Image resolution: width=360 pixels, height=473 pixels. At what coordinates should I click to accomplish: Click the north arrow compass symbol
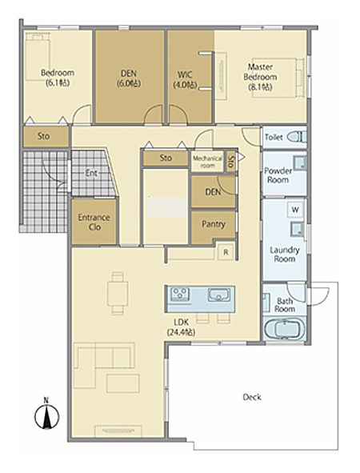coord(46,416)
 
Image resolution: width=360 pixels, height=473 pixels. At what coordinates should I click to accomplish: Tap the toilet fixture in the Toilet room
coord(297,137)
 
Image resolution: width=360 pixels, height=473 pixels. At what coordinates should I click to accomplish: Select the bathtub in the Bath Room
coord(284,329)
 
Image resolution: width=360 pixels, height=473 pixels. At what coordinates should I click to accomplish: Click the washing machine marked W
coord(295,210)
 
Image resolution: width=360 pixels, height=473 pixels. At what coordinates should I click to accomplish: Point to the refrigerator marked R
coord(226,252)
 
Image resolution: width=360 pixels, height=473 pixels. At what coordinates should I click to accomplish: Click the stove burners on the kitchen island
coord(180,293)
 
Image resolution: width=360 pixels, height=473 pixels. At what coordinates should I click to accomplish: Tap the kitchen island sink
coord(219,295)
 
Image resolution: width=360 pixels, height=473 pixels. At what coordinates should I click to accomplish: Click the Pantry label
coord(214,224)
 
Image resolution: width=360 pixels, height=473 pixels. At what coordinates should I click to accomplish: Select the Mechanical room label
coord(207,162)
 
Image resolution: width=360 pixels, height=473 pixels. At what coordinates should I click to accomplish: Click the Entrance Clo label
coord(94,222)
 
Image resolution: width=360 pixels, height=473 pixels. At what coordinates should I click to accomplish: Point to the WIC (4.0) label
coord(185,80)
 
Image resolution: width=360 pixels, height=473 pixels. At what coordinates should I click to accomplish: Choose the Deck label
coord(252,397)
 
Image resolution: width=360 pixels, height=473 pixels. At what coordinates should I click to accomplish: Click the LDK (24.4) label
coord(182,327)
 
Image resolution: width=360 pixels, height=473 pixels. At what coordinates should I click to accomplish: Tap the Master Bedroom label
coord(260,77)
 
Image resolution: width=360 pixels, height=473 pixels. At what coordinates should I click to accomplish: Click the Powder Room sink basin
coord(300,163)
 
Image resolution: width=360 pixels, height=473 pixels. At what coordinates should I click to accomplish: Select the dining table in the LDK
coord(118,294)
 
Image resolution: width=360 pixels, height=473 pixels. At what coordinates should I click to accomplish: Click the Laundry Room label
coord(285,255)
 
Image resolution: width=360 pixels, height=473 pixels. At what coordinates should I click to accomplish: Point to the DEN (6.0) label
coord(129,78)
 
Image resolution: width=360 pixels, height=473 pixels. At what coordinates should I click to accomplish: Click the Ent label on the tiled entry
coord(91,173)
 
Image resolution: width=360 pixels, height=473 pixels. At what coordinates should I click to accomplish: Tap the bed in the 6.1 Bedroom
coord(38,57)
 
